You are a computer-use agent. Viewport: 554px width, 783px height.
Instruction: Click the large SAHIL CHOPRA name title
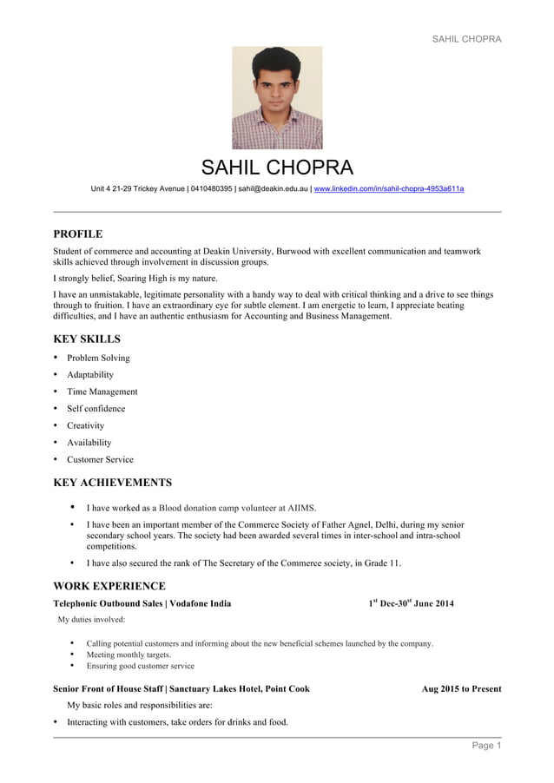(277, 168)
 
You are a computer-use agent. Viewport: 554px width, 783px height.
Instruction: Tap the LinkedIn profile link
(388, 188)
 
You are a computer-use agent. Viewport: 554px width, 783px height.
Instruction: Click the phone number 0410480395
(211, 188)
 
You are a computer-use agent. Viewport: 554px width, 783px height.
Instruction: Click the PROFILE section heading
(78, 234)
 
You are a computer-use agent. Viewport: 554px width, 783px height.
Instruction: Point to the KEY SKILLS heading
(87, 339)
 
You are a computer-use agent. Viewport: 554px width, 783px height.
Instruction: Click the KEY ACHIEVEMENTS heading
(113, 483)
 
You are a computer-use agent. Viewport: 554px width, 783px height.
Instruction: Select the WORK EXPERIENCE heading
(109, 586)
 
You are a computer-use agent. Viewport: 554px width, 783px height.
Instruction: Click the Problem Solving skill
(98, 358)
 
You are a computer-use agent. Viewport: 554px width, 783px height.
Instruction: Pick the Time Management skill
(102, 391)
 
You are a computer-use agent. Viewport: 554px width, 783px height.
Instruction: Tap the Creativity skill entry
(85, 425)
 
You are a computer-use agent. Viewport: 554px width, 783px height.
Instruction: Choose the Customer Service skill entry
(100, 459)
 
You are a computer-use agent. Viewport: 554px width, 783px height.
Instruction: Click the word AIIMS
(301, 508)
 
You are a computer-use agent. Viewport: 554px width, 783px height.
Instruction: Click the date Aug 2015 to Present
(461, 689)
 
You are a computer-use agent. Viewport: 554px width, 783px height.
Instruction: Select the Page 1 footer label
(486, 746)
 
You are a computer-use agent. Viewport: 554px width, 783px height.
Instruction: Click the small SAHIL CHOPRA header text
(466, 39)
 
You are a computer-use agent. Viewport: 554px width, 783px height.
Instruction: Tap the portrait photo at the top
(277, 98)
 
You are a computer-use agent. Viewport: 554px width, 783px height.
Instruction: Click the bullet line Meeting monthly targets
(129, 655)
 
